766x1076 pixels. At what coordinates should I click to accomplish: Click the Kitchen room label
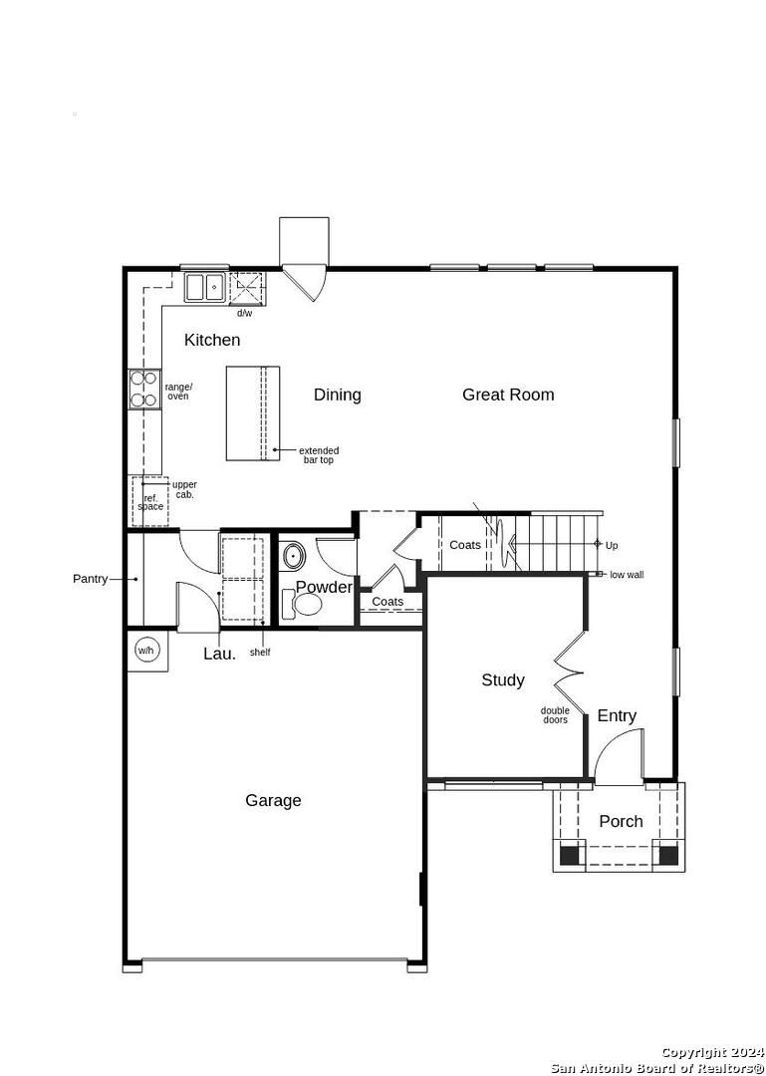click(212, 340)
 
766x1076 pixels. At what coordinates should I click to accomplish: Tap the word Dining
click(337, 396)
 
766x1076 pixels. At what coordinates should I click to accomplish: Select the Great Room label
click(508, 395)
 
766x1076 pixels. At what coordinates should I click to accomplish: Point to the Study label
click(503, 680)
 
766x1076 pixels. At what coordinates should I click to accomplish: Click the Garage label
click(273, 800)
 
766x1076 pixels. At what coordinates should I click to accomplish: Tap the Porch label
click(622, 821)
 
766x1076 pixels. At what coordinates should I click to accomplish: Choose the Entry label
click(617, 715)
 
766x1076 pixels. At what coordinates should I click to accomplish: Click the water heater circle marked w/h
click(146, 650)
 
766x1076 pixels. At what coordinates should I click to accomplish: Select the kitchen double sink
click(204, 288)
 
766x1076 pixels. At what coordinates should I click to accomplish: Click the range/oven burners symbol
click(144, 390)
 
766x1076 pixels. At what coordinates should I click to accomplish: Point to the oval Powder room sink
click(295, 556)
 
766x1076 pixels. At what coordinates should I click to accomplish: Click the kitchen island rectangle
click(253, 413)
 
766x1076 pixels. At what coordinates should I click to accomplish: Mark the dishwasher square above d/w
click(246, 288)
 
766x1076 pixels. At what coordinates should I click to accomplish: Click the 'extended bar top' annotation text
click(319, 455)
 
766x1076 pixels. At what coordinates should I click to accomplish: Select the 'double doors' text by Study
click(555, 715)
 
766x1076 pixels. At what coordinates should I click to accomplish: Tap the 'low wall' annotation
click(627, 575)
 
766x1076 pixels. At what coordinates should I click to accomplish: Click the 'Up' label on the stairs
click(612, 546)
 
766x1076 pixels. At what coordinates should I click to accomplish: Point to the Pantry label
click(91, 579)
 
